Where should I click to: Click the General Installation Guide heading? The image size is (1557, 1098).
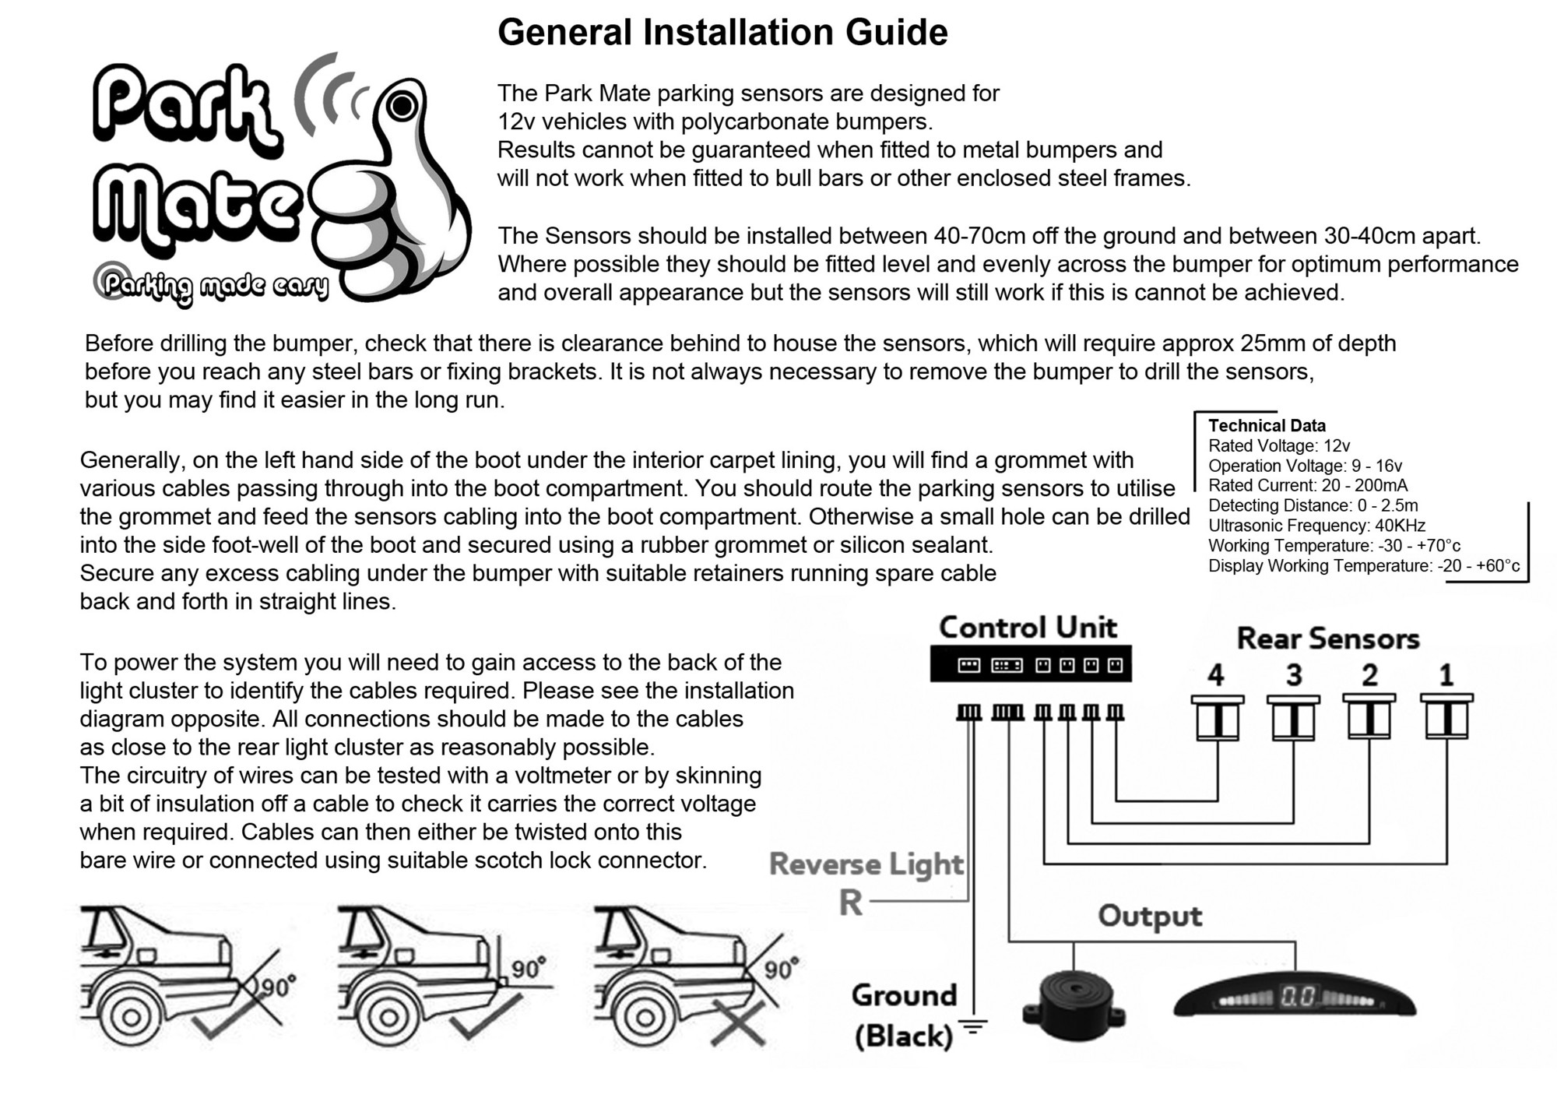pyautogui.click(x=722, y=33)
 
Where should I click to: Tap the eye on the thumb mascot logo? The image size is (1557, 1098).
pyautogui.click(x=402, y=106)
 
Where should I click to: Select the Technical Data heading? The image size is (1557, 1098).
pyautogui.click(x=1267, y=425)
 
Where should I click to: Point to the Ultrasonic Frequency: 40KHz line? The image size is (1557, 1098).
pyautogui.click(x=1316, y=526)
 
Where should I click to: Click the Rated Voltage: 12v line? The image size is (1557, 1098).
pyautogui.click(x=1278, y=445)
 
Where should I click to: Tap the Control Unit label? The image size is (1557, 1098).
pyautogui.click(x=1028, y=628)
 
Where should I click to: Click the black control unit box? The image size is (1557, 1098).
pyautogui.click(x=1031, y=664)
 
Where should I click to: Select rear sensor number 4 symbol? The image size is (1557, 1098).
pyautogui.click(x=1218, y=717)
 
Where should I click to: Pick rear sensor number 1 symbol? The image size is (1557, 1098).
pyautogui.click(x=1446, y=717)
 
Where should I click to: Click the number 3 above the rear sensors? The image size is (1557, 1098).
pyautogui.click(x=1294, y=674)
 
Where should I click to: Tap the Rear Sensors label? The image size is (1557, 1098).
pyautogui.click(x=1328, y=639)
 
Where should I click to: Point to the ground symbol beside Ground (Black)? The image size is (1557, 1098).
pyautogui.click(x=972, y=1027)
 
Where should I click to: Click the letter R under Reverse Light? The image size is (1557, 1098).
pyautogui.click(x=851, y=903)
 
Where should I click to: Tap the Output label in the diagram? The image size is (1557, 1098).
pyautogui.click(x=1150, y=916)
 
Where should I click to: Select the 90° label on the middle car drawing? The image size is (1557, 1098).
pyautogui.click(x=529, y=968)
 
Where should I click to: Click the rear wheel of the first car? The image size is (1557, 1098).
pyautogui.click(x=131, y=1016)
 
